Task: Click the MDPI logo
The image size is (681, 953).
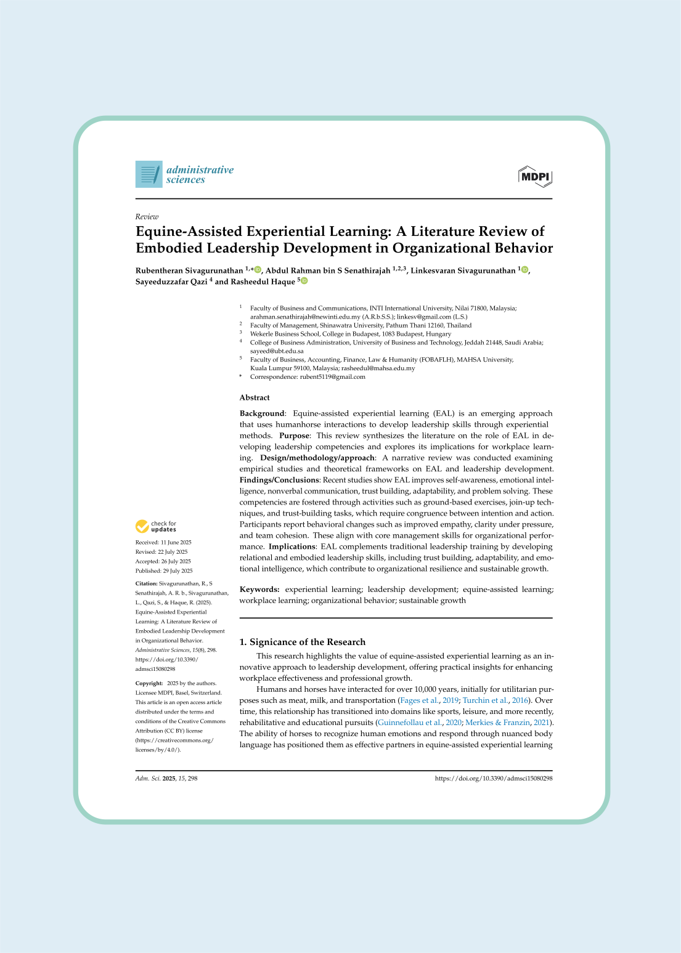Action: (535, 176)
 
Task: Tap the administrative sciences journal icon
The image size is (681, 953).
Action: (149, 174)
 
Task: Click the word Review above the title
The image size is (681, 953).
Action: (147, 217)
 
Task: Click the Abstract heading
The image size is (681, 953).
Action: (255, 398)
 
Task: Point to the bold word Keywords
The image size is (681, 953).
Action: (259, 590)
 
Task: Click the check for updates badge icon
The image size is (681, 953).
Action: (142, 527)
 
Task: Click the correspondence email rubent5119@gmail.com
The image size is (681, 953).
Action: (332, 377)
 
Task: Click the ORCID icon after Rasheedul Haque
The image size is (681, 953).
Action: (304, 282)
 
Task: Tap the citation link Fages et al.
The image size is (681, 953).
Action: (420, 700)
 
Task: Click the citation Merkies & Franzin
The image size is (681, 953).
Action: (497, 723)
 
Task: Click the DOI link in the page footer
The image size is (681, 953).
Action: (493, 779)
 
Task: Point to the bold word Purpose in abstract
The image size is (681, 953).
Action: (294, 436)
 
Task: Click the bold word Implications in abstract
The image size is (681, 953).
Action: (292, 546)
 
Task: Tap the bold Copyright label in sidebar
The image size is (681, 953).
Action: (149, 683)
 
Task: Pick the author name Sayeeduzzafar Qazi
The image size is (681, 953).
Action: (171, 282)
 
